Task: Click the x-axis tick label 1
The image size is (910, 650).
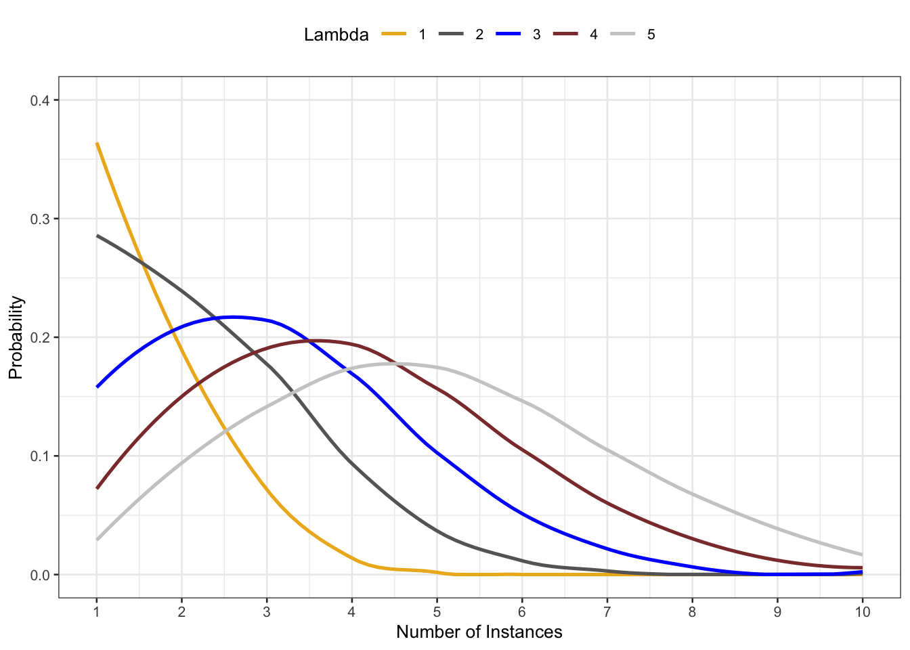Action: [97, 612]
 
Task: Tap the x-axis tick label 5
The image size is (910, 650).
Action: [437, 612]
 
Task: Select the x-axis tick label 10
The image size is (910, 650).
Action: [862, 612]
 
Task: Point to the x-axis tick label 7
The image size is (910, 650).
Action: [607, 612]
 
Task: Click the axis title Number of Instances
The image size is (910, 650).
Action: [479, 632]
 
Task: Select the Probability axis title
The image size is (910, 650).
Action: [16, 337]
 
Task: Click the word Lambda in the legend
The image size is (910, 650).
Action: [336, 35]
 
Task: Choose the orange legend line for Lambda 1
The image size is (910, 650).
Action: [393, 35]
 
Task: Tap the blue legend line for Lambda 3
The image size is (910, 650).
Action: [508, 35]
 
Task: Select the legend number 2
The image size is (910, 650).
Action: [479, 35]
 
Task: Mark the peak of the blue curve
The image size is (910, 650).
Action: [232, 316]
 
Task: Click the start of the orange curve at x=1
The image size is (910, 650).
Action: [97, 143]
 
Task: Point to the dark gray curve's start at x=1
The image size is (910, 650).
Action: [97, 236]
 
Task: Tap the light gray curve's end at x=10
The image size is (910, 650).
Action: [862, 555]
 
